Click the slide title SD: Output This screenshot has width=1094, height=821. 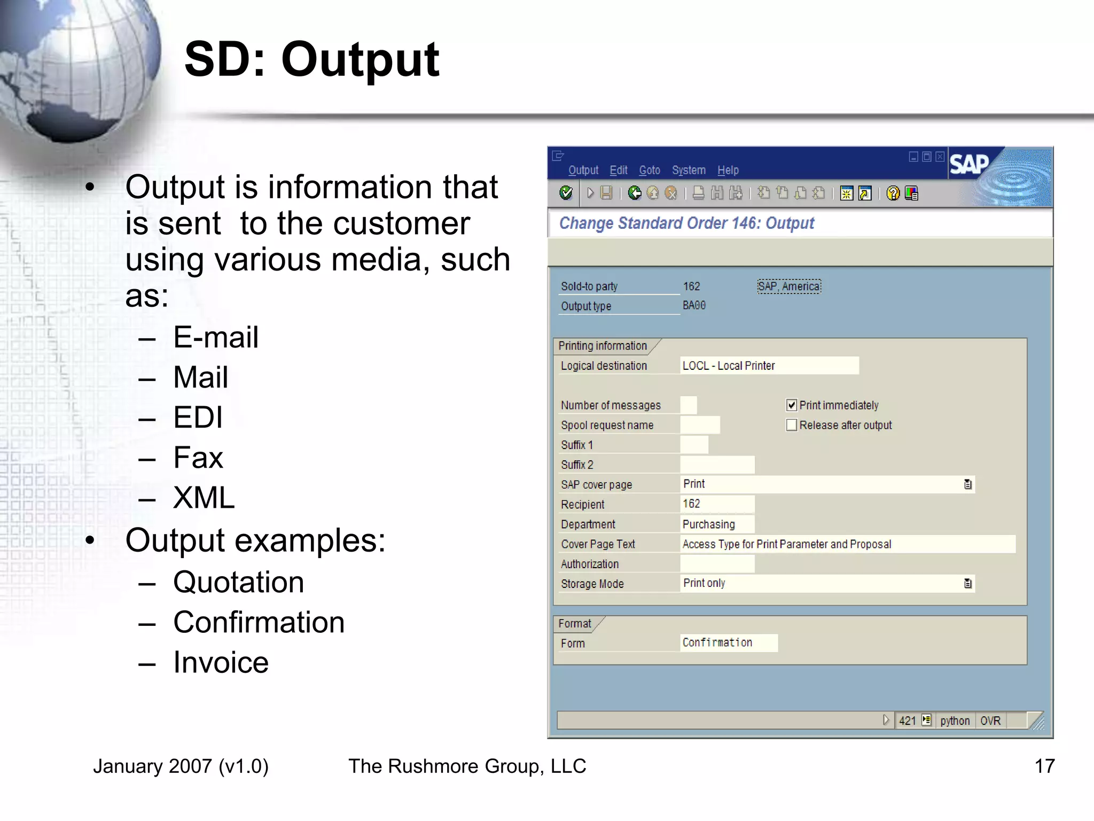tap(311, 60)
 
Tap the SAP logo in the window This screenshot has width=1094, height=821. tap(968, 164)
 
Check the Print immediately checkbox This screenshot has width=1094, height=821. tap(792, 405)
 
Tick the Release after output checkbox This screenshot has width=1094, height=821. tap(792, 425)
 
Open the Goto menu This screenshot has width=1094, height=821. tap(649, 170)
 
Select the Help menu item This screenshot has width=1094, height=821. tap(728, 170)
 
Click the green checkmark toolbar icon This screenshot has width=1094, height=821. tap(566, 193)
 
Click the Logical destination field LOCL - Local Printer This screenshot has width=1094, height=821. tap(769, 366)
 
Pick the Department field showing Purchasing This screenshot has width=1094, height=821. tap(717, 524)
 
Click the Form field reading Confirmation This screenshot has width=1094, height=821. tap(729, 642)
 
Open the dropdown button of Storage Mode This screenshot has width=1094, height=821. tap(967, 583)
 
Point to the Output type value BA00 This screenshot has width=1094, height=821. tap(694, 305)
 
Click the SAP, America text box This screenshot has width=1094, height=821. tap(789, 286)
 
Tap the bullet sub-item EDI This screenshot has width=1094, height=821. tap(198, 417)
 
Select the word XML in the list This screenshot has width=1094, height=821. tap(204, 498)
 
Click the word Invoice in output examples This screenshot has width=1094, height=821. tap(221, 663)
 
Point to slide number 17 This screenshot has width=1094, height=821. tap(1044, 766)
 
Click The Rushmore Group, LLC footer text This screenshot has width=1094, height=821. tap(467, 766)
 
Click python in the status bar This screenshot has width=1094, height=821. tap(955, 721)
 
